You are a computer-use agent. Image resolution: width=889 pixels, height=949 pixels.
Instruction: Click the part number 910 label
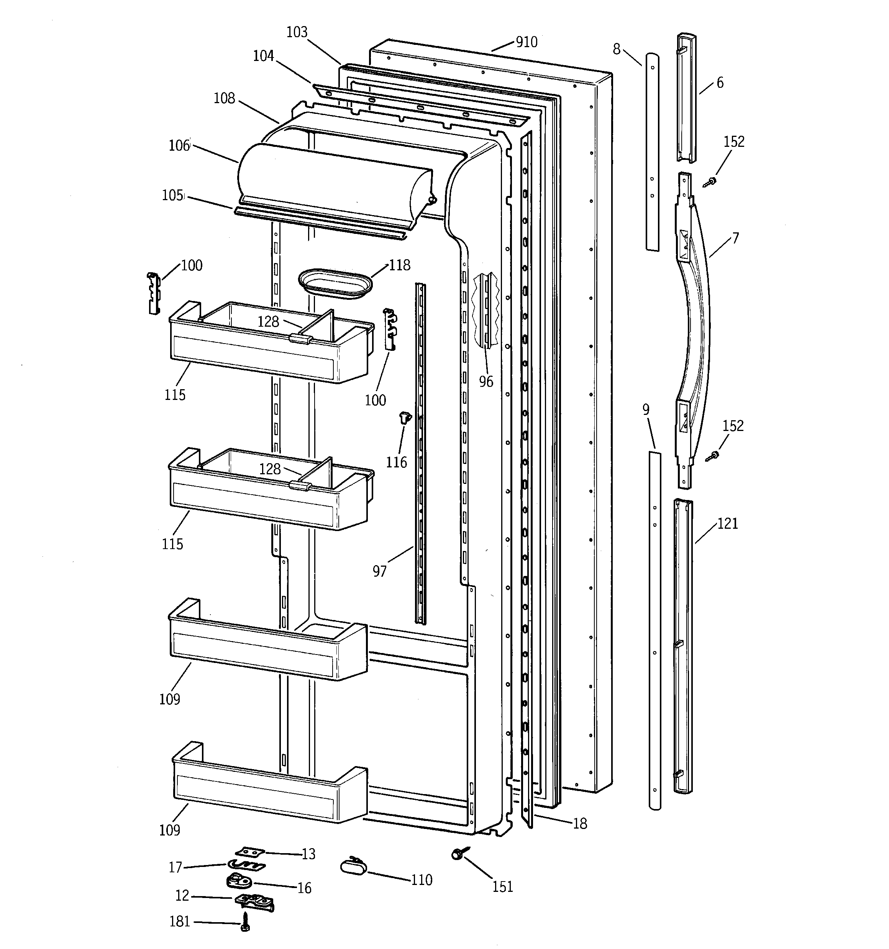[527, 42]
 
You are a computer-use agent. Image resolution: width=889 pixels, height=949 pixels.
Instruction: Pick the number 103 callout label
[297, 32]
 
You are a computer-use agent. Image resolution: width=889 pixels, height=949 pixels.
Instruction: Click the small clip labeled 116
[405, 418]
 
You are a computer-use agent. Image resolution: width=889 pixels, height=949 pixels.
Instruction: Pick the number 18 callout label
[580, 823]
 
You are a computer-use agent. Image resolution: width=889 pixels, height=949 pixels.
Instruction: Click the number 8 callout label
[617, 49]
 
